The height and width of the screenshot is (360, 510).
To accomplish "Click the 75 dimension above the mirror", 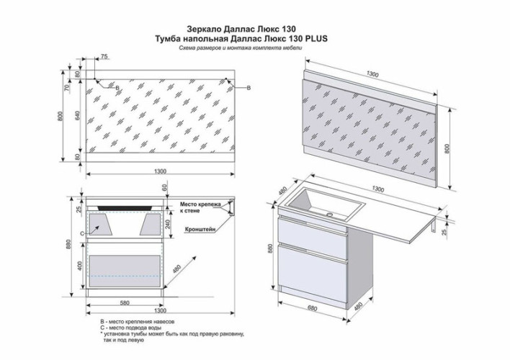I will pos(104,55).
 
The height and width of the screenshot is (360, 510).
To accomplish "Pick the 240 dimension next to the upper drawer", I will pos(169,223).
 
